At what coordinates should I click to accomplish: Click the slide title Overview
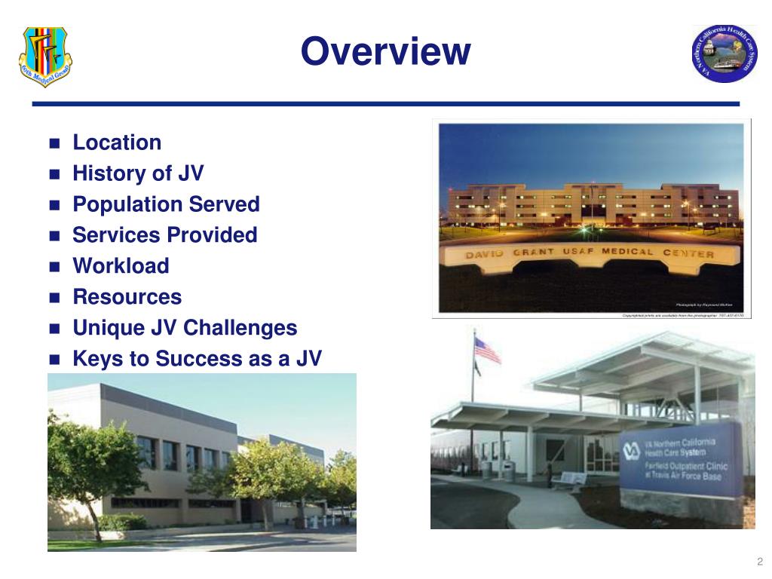(x=385, y=52)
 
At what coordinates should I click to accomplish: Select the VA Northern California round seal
(x=724, y=53)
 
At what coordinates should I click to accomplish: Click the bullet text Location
(x=117, y=142)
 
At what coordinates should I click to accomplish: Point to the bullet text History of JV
(x=138, y=173)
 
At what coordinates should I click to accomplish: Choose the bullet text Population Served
(x=166, y=204)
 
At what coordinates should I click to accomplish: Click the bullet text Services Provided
(x=164, y=235)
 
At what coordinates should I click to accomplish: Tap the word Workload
(x=121, y=266)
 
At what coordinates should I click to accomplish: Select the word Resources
(x=127, y=297)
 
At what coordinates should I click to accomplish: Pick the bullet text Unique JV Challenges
(x=185, y=328)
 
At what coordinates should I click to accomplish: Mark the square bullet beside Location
(x=54, y=143)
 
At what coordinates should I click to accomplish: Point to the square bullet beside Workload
(x=54, y=267)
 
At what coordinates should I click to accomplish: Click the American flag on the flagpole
(x=487, y=350)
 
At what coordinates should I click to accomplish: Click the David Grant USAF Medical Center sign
(x=589, y=255)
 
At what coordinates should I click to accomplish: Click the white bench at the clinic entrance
(x=569, y=479)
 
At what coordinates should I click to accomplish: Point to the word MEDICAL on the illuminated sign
(x=623, y=252)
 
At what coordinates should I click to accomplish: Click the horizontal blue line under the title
(x=385, y=104)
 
